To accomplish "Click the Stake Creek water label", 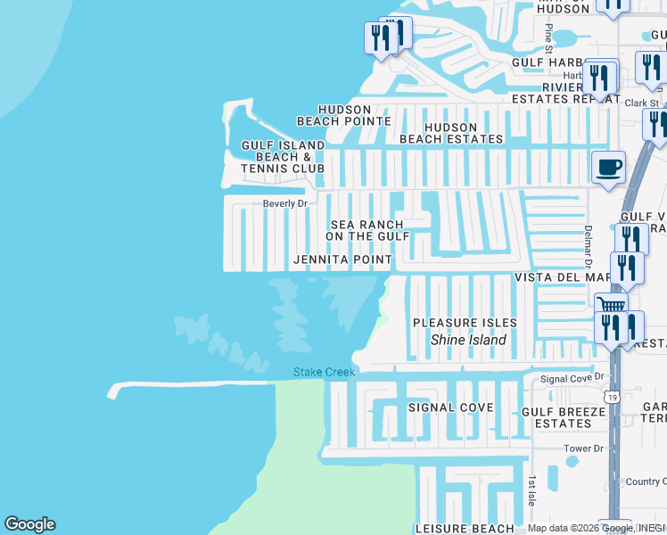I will click(x=325, y=372).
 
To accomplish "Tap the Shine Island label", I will click(x=468, y=340).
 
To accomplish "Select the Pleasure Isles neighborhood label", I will click(x=465, y=322).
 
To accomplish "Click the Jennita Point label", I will click(x=342, y=259).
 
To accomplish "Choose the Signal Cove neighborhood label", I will click(x=450, y=407).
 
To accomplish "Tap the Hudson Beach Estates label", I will click(x=451, y=134).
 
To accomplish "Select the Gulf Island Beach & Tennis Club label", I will click(x=283, y=156).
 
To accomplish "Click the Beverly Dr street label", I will click(x=284, y=203).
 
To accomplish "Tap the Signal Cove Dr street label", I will click(x=573, y=379).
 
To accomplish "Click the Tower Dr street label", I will click(x=584, y=449).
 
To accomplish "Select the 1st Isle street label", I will click(x=531, y=490).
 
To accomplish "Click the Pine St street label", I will click(x=548, y=37).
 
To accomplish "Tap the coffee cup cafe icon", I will click(x=608, y=167).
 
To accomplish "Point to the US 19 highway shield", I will click(x=613, y=395).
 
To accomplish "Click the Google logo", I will click(x=29, y=523).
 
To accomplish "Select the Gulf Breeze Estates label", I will click(x=557, y=417).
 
